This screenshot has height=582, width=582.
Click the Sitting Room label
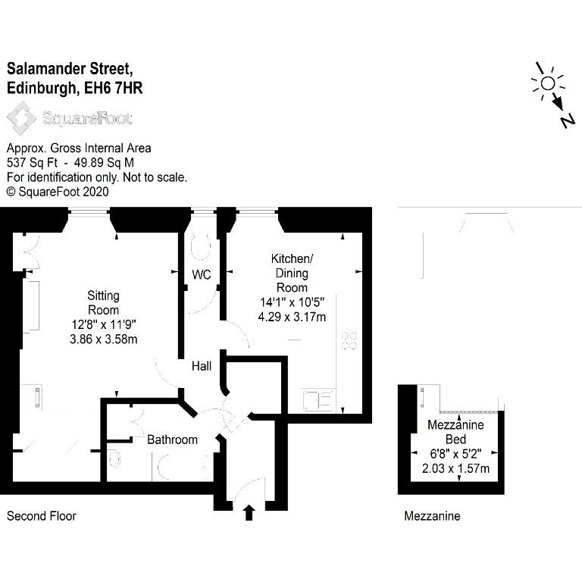tap(103, 302)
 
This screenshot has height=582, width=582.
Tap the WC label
tap(202, 274)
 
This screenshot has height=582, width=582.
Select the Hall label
tap(202, 366)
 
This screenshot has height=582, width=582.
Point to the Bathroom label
tap(172, 440)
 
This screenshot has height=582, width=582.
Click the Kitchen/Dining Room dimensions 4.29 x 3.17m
tap(292, 317)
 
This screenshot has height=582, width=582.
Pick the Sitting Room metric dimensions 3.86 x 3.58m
tap(104, 339)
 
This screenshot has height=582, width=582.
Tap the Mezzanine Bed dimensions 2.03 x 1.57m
tap(455, 468)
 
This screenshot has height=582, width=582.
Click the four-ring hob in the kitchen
tap(349, 340)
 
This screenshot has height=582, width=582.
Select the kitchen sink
tap(318, 400)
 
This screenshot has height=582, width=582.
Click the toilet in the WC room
tap(201, 246)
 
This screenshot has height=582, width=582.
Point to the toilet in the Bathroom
tap(114, 459)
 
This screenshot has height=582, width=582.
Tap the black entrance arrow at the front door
tap(249, 512)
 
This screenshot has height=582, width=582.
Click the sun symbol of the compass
tap(548, 84)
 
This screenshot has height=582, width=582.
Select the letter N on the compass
tap(567, 120)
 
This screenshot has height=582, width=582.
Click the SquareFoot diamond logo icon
tap(21, 118)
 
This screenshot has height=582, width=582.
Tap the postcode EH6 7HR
tap(113, 89)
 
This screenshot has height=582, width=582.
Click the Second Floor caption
tap(41, 516)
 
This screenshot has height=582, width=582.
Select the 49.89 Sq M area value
tap(104, 163)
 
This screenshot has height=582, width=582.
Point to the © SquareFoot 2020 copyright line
tap(58, 192)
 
